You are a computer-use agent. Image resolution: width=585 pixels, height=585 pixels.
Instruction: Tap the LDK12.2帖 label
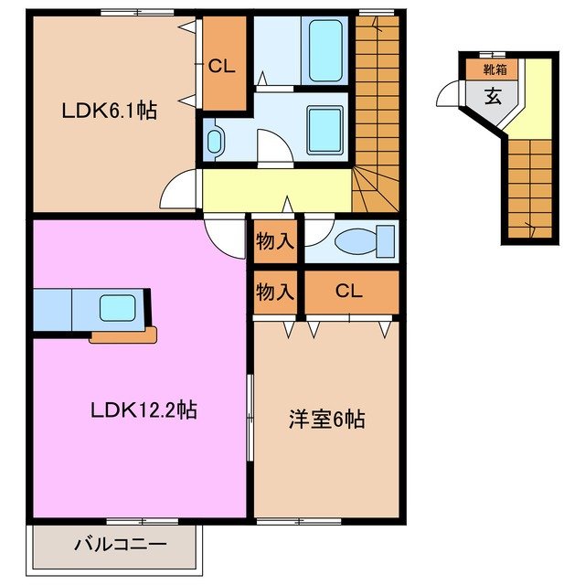pos(144,410)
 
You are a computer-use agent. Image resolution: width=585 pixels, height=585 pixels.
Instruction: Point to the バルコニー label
pos(120,545)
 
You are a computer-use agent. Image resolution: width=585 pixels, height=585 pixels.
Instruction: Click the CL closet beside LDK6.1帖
pos(224,66)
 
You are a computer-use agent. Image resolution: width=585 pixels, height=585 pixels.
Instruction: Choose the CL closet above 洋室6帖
pos(350,292)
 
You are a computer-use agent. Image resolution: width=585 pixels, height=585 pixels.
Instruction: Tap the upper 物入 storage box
pos(274,242)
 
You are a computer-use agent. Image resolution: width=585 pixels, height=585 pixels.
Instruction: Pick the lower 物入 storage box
pos(274,292)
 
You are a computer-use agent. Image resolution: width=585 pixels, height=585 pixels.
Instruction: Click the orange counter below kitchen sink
pos(123,335)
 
